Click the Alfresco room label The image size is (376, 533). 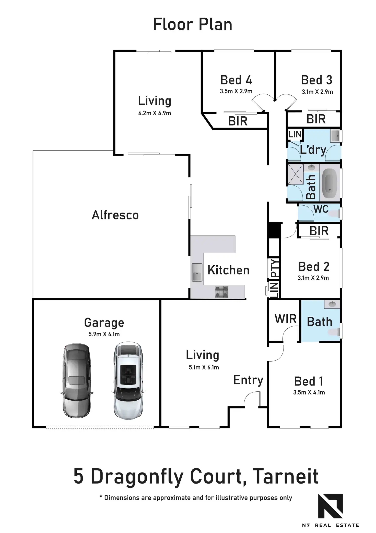[x=115, y=215]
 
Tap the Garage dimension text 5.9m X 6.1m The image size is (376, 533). [x=104, y=334]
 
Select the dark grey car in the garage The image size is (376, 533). [x=76, y=380]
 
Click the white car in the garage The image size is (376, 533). [x=128, y=380]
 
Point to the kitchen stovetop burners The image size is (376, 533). [x=221, y=292]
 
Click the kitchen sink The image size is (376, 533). [x=197, y=272]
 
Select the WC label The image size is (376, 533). [x=321, y=209]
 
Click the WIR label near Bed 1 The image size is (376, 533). [x=286, y=319]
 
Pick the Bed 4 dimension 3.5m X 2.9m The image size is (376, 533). [x=236, y=91]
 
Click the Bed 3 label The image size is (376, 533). [x=317, y=80]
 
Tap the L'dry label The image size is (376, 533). [x=313, y=150]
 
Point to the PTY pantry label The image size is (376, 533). [x=274, y=268]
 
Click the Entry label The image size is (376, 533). [x=248, y=380]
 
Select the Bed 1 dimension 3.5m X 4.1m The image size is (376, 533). [x=309, y=392]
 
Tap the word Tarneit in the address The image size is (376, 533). [x=286, y=476]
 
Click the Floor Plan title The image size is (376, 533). [x=192, y=24]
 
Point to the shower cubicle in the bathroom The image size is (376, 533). [x=296, y=174]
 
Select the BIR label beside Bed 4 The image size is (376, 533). [x=238, y=121]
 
